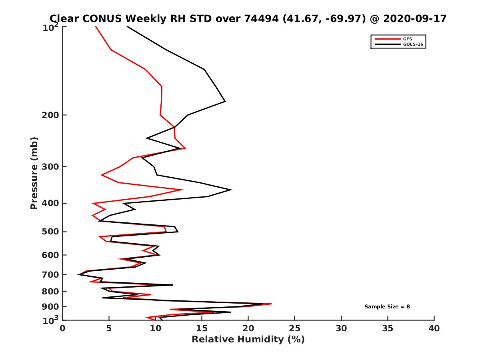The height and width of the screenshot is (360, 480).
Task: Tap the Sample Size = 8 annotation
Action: coord(387,307)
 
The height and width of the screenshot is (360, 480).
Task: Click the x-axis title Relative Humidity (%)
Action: coord(248,340)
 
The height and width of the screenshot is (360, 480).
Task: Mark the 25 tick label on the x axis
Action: coord(295,328)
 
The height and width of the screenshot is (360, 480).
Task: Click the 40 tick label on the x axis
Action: coord(434,328)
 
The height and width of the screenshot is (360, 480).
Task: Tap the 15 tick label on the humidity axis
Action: coord(202,328)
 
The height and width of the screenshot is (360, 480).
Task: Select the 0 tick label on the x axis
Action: coord(63,328)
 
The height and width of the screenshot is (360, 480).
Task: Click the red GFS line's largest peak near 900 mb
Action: coord(271,304)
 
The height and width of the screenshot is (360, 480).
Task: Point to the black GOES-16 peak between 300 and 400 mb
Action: coord(231,190)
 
